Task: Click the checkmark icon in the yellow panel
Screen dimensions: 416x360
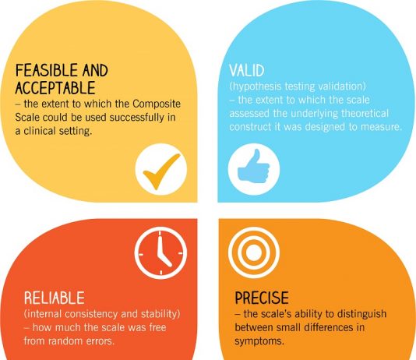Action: pos(161,170)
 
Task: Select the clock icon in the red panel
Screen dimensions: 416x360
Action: pos(160,253)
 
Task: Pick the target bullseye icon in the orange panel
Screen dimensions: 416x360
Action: pos(254,252)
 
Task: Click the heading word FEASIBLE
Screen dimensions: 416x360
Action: pos(47,71)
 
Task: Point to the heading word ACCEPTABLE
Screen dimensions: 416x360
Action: pos(55,88)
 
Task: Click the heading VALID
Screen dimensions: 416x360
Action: pos(247,71)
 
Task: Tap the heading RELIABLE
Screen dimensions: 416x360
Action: pos(55,298)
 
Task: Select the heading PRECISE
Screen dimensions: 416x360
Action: pos(262,298)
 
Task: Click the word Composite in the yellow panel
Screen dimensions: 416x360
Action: pos(157,104)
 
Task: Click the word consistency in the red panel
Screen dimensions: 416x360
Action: pos(91,314)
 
